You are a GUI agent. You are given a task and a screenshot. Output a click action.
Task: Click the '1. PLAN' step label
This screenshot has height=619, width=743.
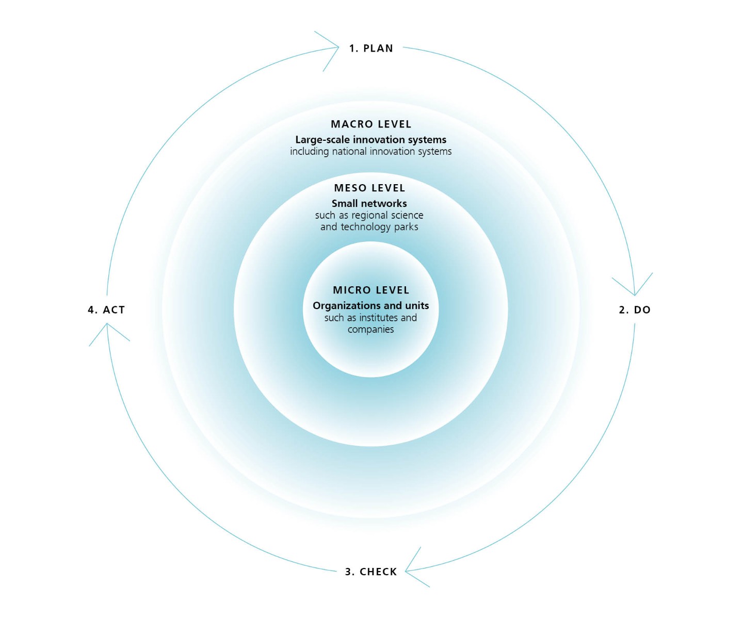click(x=371, y=48)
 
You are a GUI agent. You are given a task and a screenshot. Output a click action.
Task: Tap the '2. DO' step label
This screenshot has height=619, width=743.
click(x=635, y=310)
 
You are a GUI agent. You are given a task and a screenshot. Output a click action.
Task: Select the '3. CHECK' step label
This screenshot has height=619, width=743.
click(x=371, y=572)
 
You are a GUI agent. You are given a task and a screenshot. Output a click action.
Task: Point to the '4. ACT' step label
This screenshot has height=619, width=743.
click(x=106, y=310)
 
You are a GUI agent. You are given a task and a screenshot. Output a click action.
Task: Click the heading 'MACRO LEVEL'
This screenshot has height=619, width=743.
click(x=371, y=124)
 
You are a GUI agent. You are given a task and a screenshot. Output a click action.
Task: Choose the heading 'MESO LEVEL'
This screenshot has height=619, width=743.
click(x=370, y=188)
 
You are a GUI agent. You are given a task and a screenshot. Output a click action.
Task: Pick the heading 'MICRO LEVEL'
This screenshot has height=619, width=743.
click(x=371, y=290)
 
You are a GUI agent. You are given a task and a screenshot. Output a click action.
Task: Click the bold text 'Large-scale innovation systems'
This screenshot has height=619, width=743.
click(x=371, y=140)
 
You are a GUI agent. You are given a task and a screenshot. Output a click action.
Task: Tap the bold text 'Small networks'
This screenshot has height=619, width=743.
click(x=369, y=203)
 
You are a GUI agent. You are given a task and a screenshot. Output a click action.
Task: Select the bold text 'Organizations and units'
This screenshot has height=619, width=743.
click(x=371, y=305)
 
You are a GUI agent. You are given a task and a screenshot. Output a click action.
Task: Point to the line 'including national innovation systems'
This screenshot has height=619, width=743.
click(x=371, y=152)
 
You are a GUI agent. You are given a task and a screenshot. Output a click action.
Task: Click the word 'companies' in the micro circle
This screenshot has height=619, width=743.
click(x=371, y=330)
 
